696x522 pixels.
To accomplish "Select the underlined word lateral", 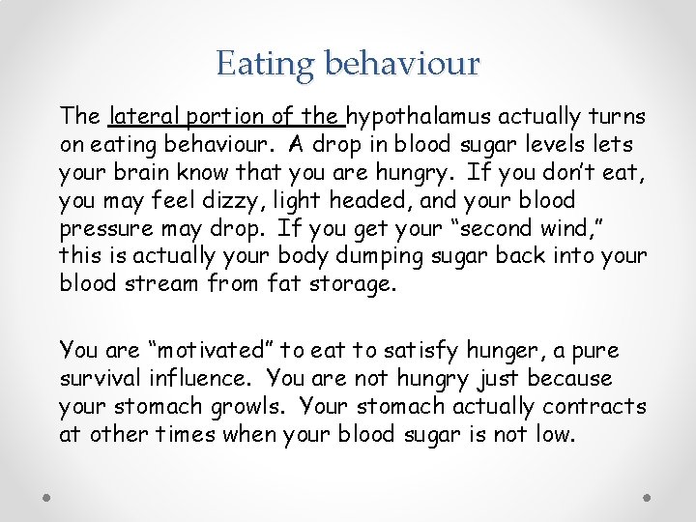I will point(144,117).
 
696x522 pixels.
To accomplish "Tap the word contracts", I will point(594,407).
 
